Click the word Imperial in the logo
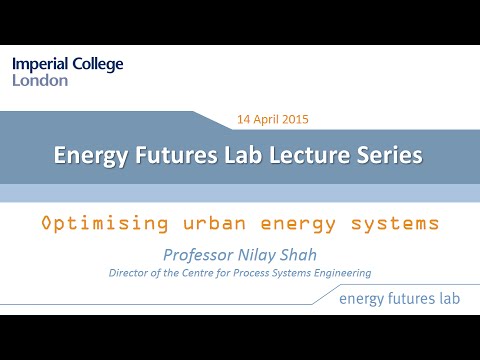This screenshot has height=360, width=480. (x=42, y=65)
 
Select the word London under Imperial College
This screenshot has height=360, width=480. (x=40, y=81)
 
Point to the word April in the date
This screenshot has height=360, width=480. (x=267, y=119)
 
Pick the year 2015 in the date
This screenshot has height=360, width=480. (x=295, y=119)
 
